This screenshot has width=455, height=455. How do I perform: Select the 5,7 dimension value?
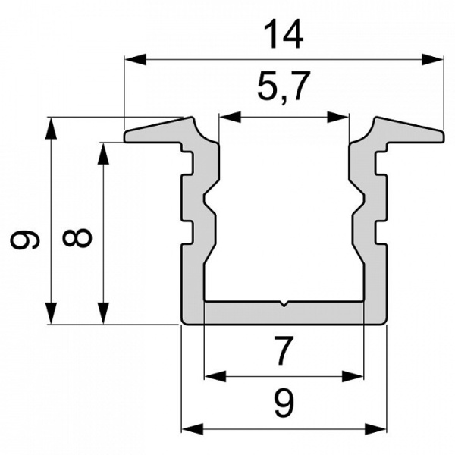click(284, 89)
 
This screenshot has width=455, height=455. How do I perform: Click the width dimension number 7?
click(283, 351)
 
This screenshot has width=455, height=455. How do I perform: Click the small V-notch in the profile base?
click(283, 306)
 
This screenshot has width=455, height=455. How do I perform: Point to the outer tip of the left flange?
click(127, 136)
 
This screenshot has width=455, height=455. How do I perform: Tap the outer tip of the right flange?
click(441, 135)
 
